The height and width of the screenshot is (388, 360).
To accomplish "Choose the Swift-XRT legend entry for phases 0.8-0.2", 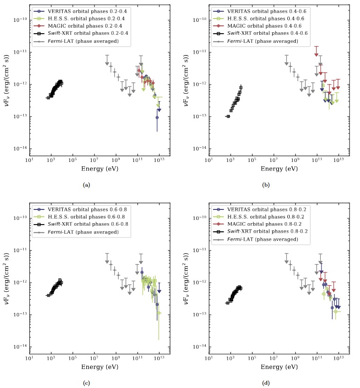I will [261, 231].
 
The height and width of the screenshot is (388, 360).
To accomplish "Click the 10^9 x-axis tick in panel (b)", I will [295, 161].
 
